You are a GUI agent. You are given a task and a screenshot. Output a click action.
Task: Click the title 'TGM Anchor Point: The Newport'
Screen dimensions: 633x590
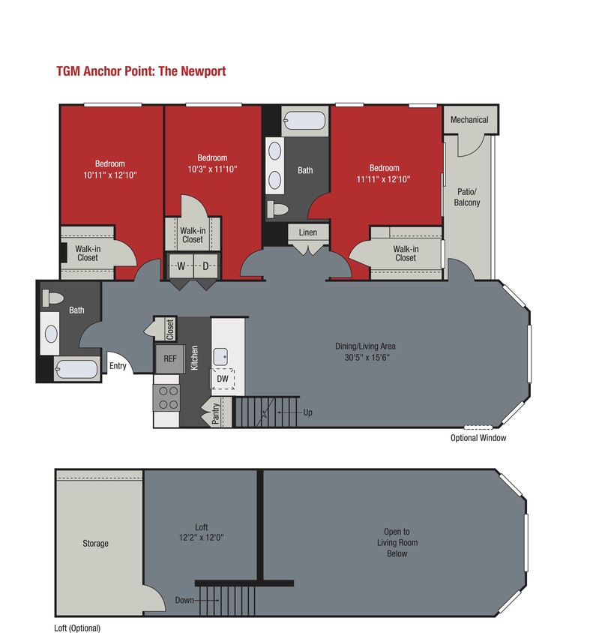click(x=141, y=71)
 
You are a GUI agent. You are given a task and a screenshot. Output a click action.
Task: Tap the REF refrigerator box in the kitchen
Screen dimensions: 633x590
click(x=169, y=358)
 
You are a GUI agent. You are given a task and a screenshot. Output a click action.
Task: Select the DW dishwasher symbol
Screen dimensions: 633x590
click(x=223, y=379)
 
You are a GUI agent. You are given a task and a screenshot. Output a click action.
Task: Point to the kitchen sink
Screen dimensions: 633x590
click(x=223, y=356)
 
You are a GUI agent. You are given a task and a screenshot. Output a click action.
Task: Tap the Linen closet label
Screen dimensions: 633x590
click(x=308, y=232)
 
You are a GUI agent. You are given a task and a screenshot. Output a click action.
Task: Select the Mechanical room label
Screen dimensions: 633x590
click(x=469, y=120)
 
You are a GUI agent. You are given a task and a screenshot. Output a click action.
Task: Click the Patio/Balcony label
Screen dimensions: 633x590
click(x=469, y=197)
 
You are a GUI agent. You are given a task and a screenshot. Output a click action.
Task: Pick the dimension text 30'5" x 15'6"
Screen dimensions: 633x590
click(x=365, y=357)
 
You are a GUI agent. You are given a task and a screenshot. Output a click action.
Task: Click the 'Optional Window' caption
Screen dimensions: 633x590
click(x=478, y=438)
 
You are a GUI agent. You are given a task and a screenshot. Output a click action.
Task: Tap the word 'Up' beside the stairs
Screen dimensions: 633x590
click(x=307, y=412)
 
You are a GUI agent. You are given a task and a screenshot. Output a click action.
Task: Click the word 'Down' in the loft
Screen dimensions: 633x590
click(x=184, y=600)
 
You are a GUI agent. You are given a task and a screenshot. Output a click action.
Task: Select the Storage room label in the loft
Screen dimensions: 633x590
click(x=96, y=543)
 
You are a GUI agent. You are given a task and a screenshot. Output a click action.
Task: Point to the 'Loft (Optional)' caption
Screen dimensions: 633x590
click(x=77, y=628)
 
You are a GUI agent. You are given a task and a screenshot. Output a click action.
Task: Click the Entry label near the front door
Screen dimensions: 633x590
click(x=118, y=366)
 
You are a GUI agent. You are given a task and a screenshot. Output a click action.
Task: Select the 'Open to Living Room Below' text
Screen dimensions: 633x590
click(x=397, y=542)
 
